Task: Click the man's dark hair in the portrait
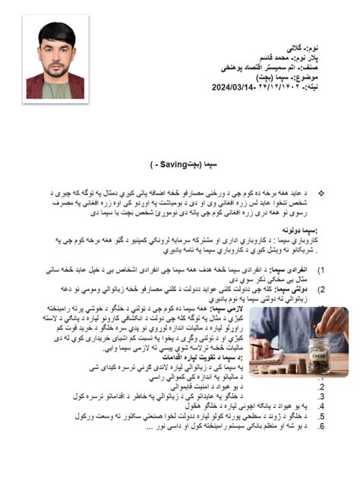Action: [x=56, y=31]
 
